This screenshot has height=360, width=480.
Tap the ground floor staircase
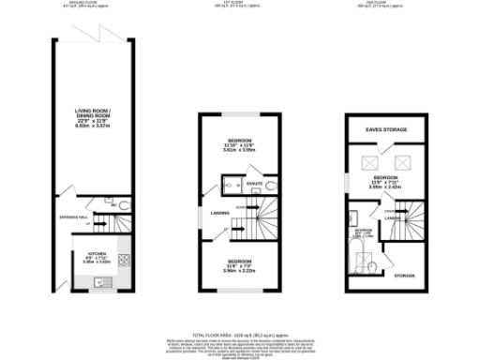[x=111, y=226]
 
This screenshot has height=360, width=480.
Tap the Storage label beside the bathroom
[x=404, y=276]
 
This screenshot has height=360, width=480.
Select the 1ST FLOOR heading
[x=240, y=4]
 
